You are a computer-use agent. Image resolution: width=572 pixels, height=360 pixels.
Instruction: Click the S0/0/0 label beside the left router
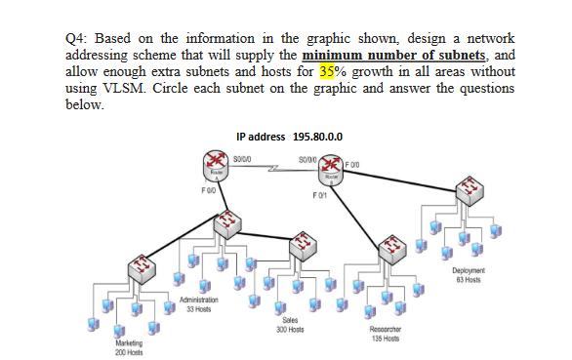click(243, 154)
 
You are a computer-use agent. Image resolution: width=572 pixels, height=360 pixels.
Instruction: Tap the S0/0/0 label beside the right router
click(308, 154)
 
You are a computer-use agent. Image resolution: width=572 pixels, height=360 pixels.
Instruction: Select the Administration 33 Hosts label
click(200, 305)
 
